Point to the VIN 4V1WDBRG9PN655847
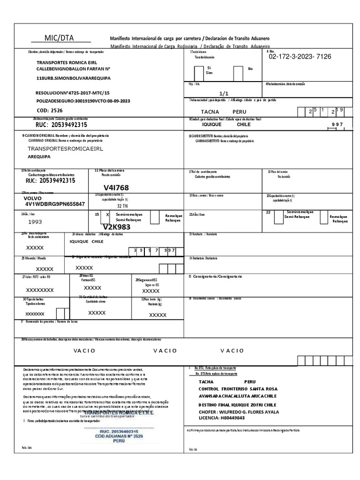[55, 204]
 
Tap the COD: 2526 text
[49, 110]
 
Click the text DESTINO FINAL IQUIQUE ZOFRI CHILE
[238, 404]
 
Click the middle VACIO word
[165, 350]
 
